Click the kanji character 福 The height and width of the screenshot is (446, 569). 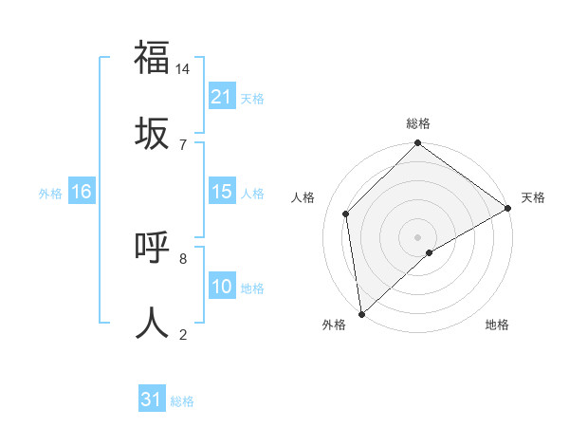coord(152,57)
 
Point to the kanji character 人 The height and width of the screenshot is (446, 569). coord(152,322)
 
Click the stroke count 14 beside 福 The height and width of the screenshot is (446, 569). coord(183,69)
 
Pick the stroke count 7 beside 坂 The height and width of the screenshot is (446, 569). coord(183,144)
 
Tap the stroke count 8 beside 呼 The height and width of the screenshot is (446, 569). coord(183,258)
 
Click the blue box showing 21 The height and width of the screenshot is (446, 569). coord(222,97)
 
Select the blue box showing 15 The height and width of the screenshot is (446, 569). coord(222,192)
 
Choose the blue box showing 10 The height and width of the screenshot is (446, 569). coord(222,287)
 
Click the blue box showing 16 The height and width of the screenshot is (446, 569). coord(82,192)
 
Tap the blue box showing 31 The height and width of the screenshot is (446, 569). coord(152,400)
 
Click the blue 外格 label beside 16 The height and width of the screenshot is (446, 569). coord(50,193)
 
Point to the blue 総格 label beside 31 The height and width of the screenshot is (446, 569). coord(182,401)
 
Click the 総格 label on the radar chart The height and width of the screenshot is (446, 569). coord(418,123)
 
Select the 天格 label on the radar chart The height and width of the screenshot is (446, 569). coord(533,197)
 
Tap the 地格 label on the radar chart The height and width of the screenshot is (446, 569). coord(497,325)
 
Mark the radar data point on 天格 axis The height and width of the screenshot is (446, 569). coord(508,208)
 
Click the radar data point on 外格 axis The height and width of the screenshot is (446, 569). coord(360,314)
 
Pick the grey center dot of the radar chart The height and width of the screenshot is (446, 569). coord(417,236)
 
